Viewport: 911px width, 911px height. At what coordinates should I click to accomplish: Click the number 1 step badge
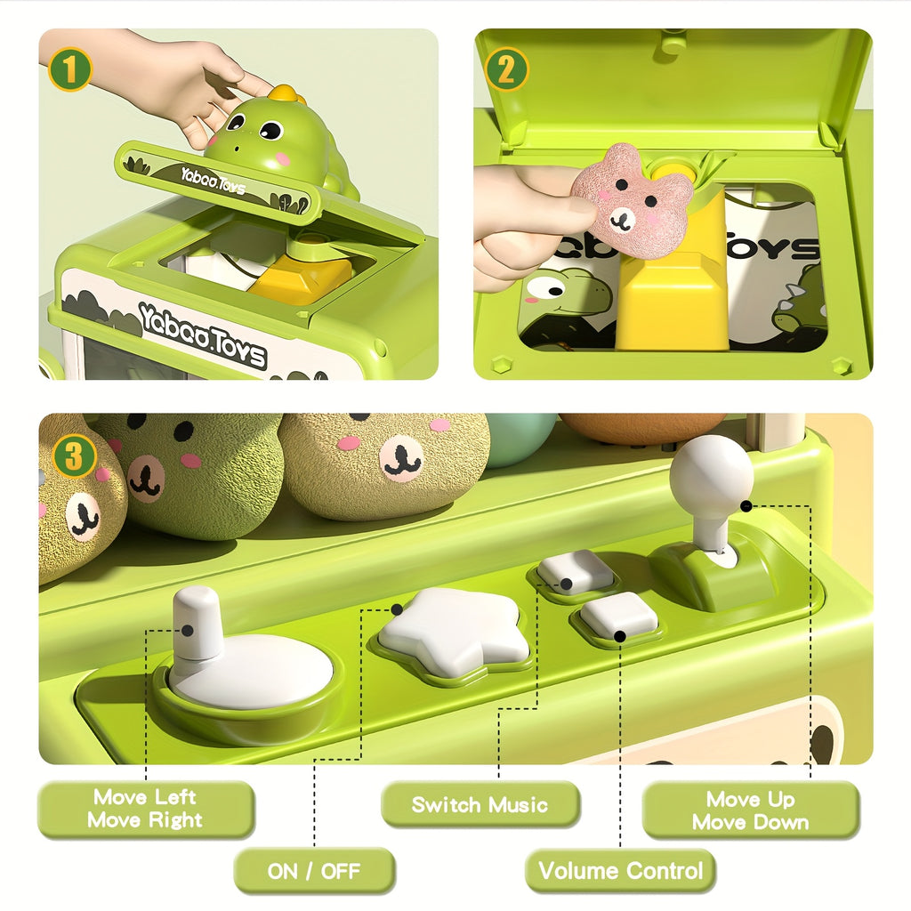pyautogui.click(x=69, y=69)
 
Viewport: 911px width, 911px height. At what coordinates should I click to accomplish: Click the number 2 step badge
pyautogui.click(x=506, y=69)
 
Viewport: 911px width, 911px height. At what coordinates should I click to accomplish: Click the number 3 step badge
pyautogui.click(x=74, y=456)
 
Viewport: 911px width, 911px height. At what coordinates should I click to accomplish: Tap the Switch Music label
pyautogui.click(x=480, y=804)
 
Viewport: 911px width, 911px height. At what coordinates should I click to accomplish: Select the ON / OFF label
pyautogui.click(x=314, y=871)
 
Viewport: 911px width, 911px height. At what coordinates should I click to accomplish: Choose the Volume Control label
pyautogui.click(x=620, y=870)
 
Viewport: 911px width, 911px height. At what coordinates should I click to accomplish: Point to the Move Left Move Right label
pyautogui.click(x=145, y=809)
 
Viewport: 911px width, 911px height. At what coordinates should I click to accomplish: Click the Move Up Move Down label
pyautogui.click(x=751, y=810)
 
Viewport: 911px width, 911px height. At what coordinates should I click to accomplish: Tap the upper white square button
pyautogui.click(x=574, y=572)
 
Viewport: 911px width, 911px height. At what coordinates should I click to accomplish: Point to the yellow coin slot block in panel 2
pyautogui.click(x=673, y=273)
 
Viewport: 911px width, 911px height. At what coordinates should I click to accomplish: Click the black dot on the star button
pyautogui.click(x=397, y=609)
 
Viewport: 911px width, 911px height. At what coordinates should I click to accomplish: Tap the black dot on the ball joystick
pyautogui.click(x=746, y=506)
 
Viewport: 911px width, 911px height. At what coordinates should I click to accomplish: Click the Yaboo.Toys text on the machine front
pyautogui.click(x=202, y=335)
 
